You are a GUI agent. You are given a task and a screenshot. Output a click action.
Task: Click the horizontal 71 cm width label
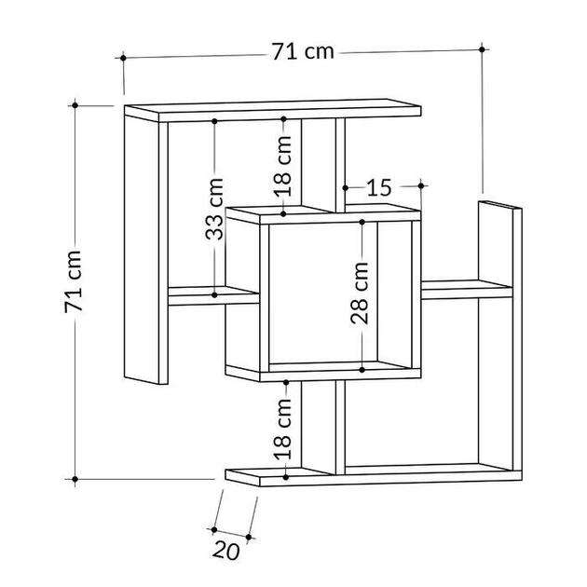303,51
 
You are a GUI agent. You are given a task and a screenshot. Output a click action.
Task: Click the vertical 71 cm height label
73,281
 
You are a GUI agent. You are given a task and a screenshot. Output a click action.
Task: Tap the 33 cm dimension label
214,209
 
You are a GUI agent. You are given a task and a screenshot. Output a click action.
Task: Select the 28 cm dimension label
360,293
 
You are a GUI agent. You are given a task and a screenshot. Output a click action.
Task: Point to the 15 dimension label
379,187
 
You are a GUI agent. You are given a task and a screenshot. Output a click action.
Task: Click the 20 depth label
226,551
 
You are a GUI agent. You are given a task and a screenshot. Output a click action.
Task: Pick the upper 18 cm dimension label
283,166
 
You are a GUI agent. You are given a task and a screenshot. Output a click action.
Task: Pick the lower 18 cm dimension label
283,429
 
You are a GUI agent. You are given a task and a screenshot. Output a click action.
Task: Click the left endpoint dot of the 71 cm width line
123,58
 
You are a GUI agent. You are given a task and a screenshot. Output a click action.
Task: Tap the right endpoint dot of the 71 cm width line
482,49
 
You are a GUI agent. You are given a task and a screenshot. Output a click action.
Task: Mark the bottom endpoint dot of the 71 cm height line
75,479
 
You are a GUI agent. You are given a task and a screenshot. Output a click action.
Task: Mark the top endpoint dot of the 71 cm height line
75,105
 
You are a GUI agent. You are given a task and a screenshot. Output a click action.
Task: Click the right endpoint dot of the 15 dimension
421,185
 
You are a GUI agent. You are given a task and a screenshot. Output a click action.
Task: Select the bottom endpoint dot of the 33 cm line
214,295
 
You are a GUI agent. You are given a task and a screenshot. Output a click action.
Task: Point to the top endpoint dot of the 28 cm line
362,222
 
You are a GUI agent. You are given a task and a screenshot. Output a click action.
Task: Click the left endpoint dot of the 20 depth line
214,529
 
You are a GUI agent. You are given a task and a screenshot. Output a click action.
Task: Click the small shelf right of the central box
467,289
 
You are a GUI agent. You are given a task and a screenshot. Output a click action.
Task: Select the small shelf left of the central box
213,295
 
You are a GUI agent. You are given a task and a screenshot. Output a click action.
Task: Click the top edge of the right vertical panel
499,205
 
